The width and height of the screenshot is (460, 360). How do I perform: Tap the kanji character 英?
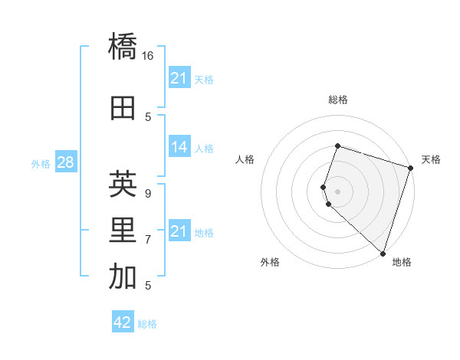(123, 184)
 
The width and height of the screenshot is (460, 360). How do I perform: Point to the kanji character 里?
(123, 231)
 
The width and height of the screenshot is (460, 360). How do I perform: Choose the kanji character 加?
(123, 278)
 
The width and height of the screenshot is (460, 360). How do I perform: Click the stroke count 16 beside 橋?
(148, 56)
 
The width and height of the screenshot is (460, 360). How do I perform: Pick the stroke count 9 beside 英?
(148, 193)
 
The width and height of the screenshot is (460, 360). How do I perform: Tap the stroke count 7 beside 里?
(148, 240)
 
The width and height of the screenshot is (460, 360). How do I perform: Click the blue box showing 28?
(65, 162)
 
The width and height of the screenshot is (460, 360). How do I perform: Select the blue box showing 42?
(123, 322)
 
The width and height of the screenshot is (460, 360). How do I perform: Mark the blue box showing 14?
(179, 147)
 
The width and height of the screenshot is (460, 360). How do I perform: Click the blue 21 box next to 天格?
(179, 78)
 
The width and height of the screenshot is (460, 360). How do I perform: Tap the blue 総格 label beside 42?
(147, 324)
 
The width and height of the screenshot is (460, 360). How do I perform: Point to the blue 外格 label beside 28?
(41, 164)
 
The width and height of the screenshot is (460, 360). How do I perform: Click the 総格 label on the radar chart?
(337, 100)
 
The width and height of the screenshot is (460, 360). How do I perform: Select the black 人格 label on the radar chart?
(245, 159)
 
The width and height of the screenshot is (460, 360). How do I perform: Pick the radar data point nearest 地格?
(383, 253)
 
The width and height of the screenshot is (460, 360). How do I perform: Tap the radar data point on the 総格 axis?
(337, 146)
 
